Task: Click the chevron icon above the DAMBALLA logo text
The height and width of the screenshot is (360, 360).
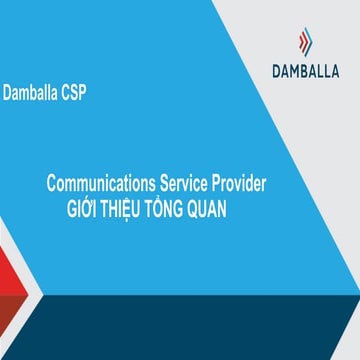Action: pos(305,42)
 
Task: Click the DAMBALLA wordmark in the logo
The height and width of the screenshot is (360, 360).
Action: pos(305,70)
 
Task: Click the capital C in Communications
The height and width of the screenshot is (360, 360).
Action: pos(52,183)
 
